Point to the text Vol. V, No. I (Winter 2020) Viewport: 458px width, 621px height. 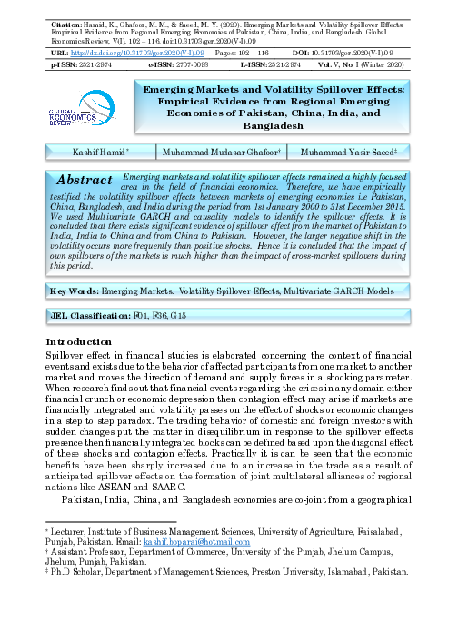click(370, 67)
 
